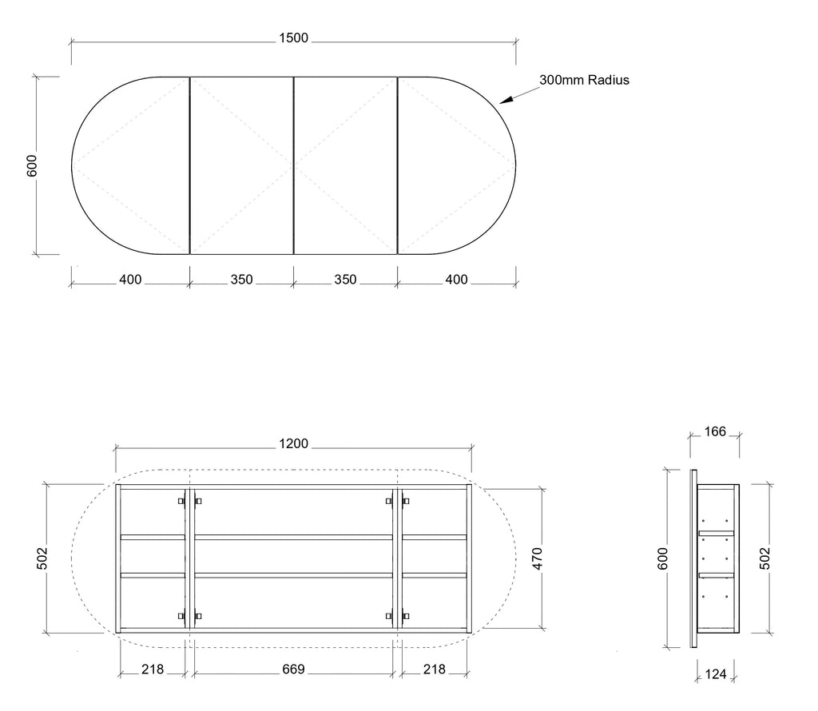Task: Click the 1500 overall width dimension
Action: (x=294, y=38)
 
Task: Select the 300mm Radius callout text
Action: (x=584, y=80)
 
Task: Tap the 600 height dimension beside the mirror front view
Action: (x=32, y=165)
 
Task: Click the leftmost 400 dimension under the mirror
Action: (x=130, y=280)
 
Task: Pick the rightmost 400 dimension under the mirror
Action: (x=456, y=280)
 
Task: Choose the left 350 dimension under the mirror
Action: (x=241, y=280)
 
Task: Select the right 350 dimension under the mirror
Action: (x=345, y=280)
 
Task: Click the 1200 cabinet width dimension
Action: (x=294, y=444)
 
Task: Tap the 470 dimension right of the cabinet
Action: (x=538, y=558)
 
